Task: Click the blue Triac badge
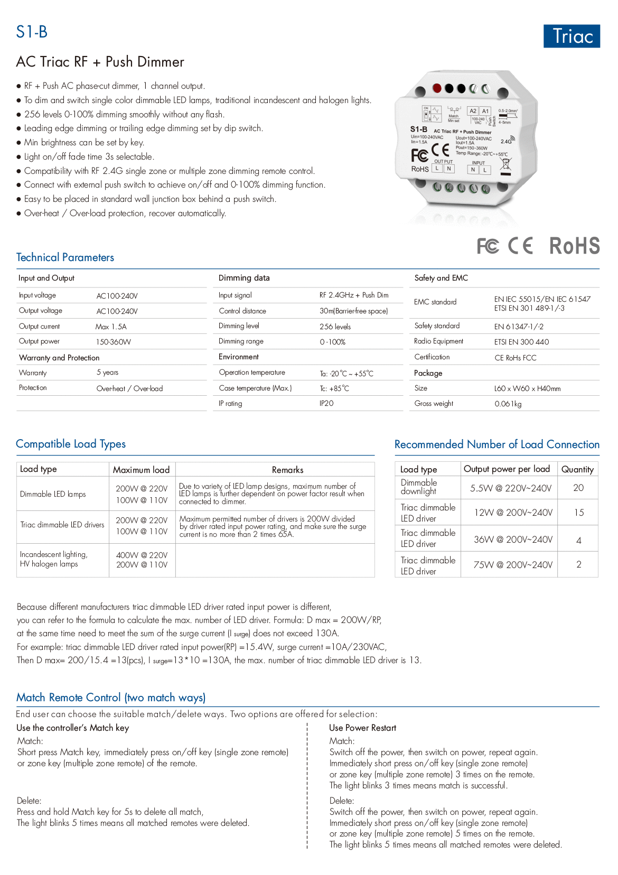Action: click(x=572, y=36)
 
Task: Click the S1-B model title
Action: click(x=32, y=32)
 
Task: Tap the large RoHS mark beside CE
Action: click(x=574, y=246)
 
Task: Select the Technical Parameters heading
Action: click(x=65, y=257)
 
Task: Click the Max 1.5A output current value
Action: click(x=111, y=327)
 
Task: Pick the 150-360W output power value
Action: click(x=114, y=342)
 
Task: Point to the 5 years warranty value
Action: click(x=107, y=373)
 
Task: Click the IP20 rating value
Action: click(x=326, y=403)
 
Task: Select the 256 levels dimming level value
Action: click(x=335, y=327)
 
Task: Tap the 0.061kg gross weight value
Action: click(x=508, y=404)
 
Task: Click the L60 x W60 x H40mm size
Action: click(x=527, y=388)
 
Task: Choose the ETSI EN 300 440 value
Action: click(x=521, y=342)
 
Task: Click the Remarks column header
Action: click(x=287, y=470)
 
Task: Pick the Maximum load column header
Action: click(x=141, y=470)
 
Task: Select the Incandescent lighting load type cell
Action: click(x=53, y=559)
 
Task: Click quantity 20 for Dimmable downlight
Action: click(x=578, y=488)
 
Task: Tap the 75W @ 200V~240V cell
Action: click(x=513, y=565)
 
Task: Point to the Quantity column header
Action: click(x=577, y=469)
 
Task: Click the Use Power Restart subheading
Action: click(x=362, y=728)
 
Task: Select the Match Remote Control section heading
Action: click(x=111, y=697)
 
